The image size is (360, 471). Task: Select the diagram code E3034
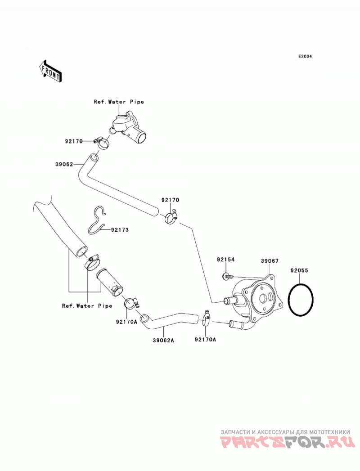(x=305, y=56)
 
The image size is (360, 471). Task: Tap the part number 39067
(x=270, y=261)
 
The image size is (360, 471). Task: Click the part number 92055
(x=299, y=270)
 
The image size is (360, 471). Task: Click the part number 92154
(x=226, y=259)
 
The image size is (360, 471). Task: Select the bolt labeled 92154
(x=228, y=276)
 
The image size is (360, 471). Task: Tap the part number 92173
(x=120, y=230)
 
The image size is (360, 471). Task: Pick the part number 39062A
(x=163, y=341)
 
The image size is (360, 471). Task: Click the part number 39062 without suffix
(x=64, y=164)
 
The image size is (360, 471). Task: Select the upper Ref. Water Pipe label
(x=119, y=102)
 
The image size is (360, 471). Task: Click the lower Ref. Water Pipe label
(x=87, y=306)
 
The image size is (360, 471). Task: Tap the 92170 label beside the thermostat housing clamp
(x=74, y=141)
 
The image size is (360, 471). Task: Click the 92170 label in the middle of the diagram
(x=170, y=200)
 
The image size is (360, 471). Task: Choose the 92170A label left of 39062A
(x=126, y=322)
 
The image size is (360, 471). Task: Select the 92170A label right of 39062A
(x=206, y=340)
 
